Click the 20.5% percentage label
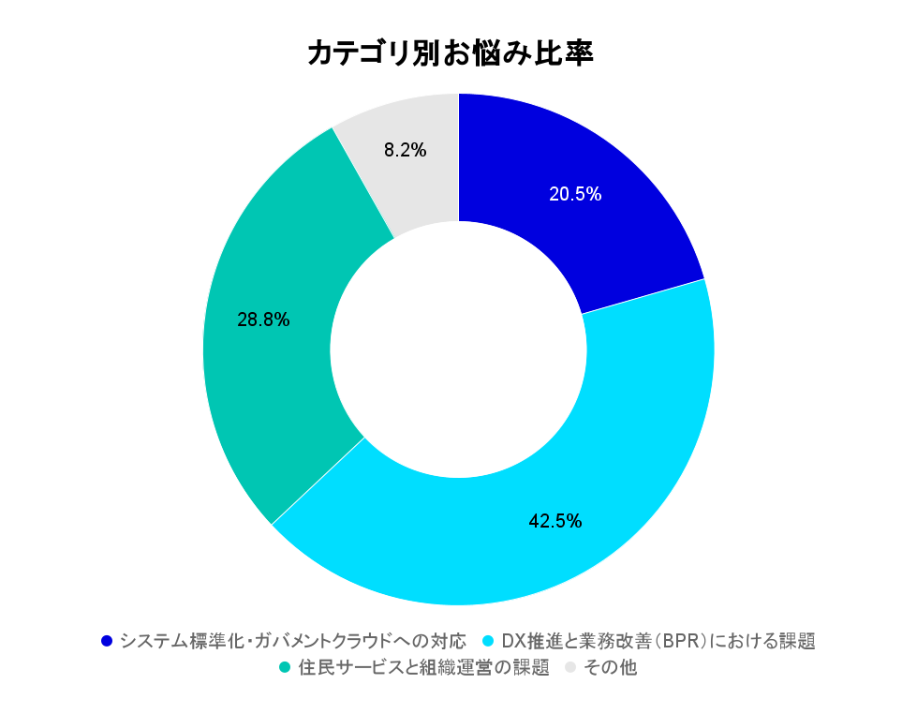coord(575,195)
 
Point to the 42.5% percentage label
coord(555,521)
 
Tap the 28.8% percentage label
coord(263,320)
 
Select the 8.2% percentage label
coord(406,149)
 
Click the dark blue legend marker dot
coord(107,642)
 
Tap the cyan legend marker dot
coord(487,642)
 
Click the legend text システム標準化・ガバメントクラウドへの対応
coord(293,642)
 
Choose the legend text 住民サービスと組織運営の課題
coord(422,669)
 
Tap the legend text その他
coord(610,669)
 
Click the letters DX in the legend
coord(511,642)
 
